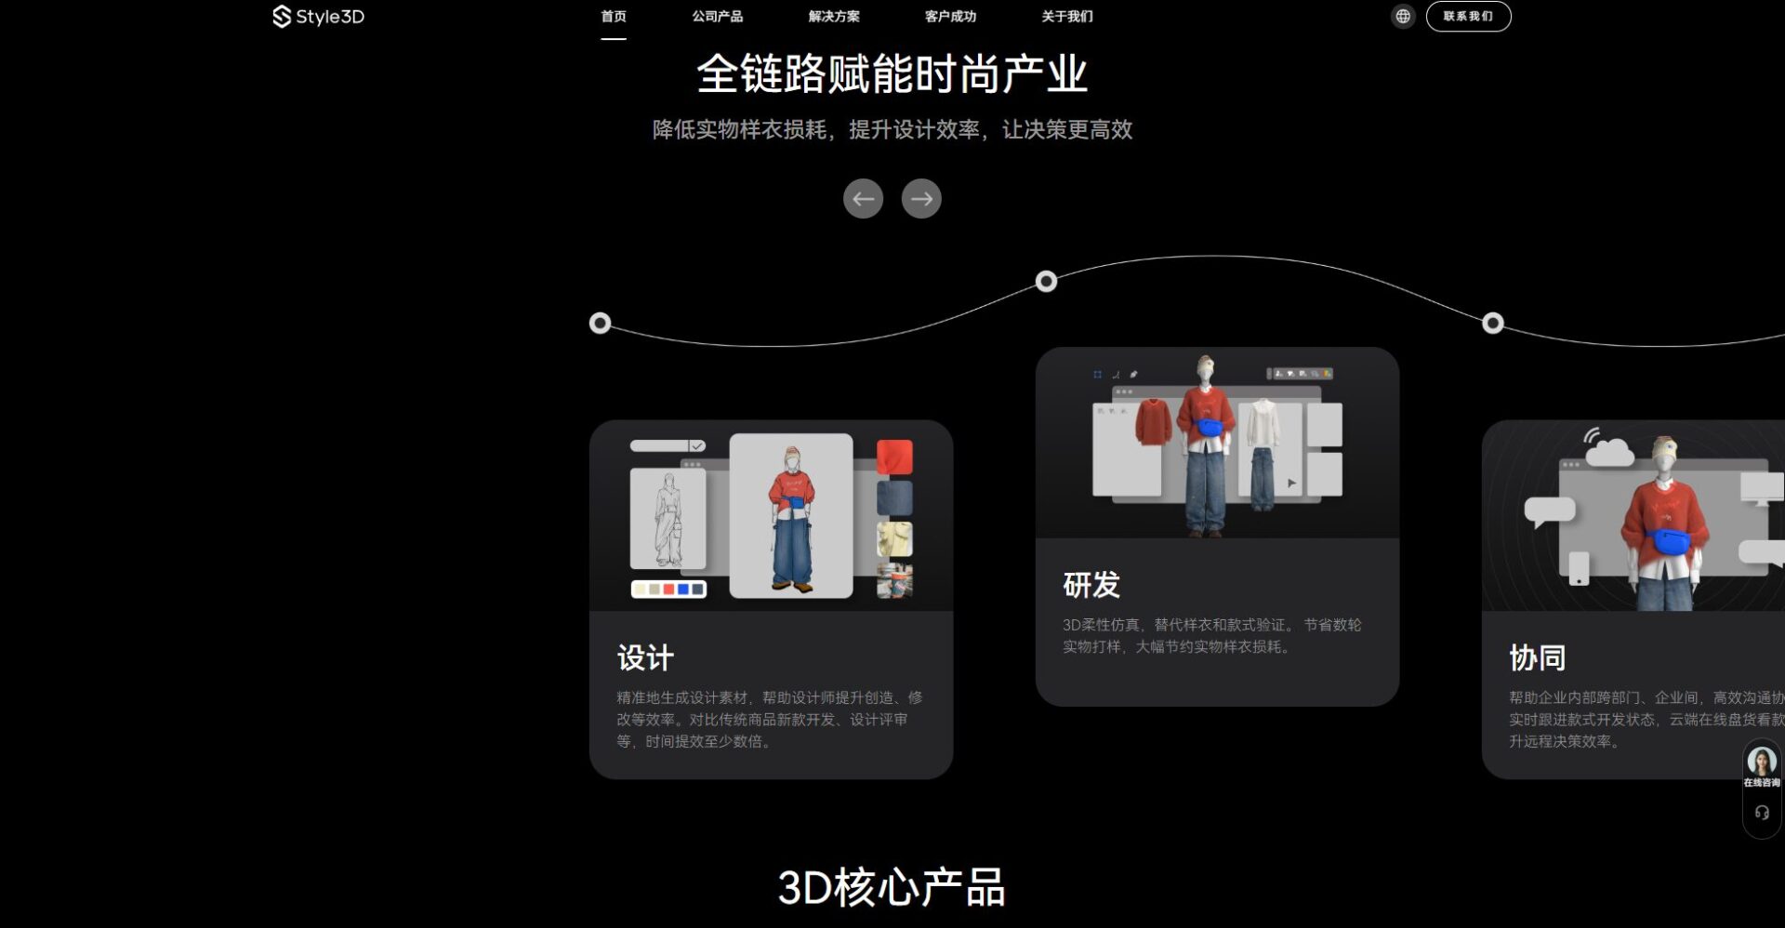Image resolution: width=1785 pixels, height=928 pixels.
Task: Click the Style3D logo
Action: tap(318, 17)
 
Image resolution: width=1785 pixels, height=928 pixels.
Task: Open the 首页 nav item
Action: tap(613, 17)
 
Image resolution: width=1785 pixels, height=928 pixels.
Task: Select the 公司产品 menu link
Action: tap(717, 17)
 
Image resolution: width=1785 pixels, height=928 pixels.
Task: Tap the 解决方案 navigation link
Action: tap(834, 17)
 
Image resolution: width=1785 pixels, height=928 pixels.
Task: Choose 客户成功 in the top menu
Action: tap(950, 17)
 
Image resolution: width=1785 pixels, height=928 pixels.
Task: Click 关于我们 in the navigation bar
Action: tap(1067, 17)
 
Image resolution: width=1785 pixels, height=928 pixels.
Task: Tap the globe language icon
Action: tap(1403, 17)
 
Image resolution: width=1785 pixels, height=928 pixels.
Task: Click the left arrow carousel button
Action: tap(863, 198)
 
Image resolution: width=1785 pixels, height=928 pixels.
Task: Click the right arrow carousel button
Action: tap(921, 198)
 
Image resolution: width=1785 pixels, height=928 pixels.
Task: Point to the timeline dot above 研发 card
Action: tap(1046, 281)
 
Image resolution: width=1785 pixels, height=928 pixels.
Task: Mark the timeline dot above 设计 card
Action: tap(601, 323)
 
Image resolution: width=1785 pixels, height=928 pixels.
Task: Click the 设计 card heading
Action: tap(645, 657)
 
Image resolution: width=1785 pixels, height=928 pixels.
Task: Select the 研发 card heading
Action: tap(1091, 585)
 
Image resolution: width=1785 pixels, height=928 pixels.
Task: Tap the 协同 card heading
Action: tap(1537, 657)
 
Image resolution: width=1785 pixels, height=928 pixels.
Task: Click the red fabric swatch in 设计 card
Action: tap(894, 457)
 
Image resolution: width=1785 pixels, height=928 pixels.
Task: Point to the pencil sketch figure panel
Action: tap(668, 518)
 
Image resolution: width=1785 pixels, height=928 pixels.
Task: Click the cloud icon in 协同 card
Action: tap(1609, 451)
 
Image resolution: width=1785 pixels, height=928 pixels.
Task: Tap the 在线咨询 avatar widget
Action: tap(1761, 766)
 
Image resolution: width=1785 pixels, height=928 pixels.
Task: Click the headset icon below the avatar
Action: tap(1761, 813)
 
